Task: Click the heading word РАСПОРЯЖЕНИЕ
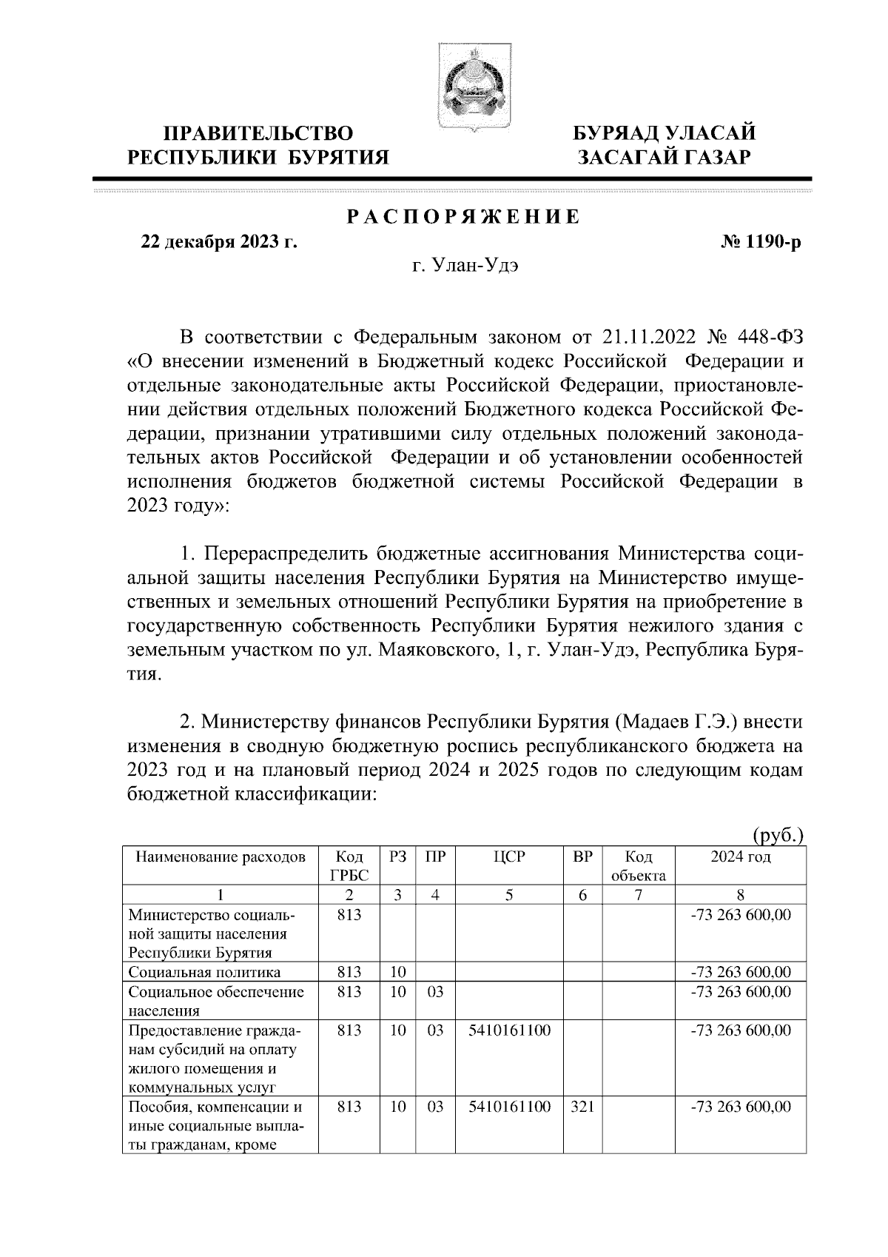pyautogui.click(x=464, y=218)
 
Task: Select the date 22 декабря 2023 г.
pyautogui.click(x=219, y=241)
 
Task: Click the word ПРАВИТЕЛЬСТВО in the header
pyautogui.click(x=258, y=133)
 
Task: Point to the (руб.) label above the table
pyautogui.click(x=778, y=836)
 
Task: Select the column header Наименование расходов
pyautogui.click(x=220, y=857)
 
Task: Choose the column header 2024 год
pyautogui.click(x=740, y=857)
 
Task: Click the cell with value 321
pyautogui.click(x=582, y=1107)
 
